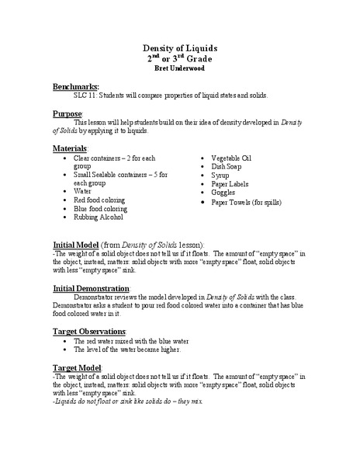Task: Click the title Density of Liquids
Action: coord(180,47)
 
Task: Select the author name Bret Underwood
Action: coord(180,68)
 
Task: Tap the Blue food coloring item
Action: coord(99,208)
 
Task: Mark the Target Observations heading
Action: coord(95,331)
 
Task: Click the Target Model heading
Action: coord(82,366)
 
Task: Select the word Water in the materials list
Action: coord(83,190)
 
